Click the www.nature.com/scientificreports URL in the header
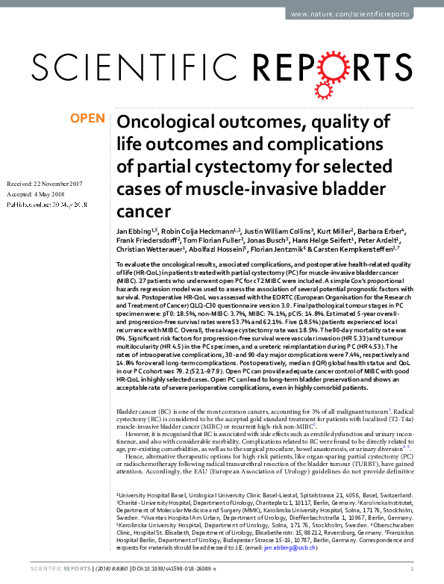(364, 14)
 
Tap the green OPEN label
(87, 118)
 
